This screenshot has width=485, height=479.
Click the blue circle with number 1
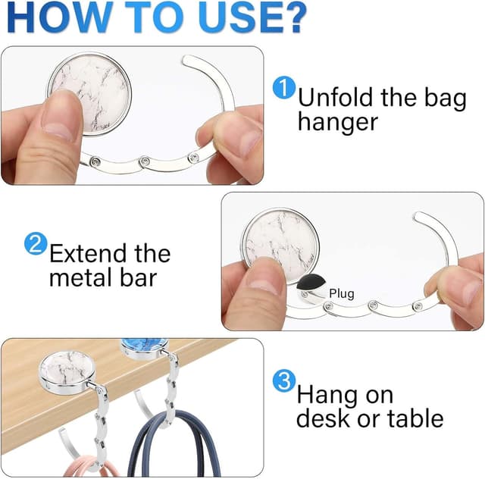point(283,88)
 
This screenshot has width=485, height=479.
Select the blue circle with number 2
point(36,244)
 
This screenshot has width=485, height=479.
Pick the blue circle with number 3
point(283,381)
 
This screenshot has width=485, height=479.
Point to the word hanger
point(338,123)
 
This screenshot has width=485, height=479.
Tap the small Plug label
point(342,293)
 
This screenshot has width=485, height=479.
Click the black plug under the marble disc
point(311,283)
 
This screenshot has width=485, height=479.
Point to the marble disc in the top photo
point(89,94)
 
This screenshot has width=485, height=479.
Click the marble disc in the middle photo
point(280,246)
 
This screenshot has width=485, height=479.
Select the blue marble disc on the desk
point(144,349)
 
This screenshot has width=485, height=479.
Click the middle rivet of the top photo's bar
point(144,161)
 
